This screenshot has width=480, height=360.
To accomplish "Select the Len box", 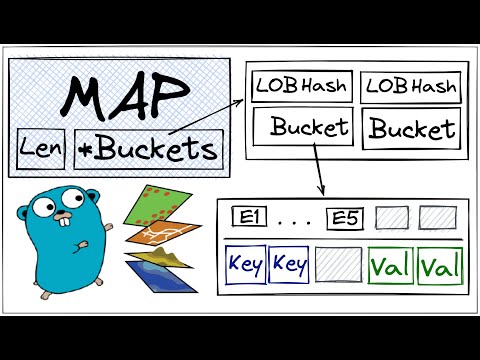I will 43,150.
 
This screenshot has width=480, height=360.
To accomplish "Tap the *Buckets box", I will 147,150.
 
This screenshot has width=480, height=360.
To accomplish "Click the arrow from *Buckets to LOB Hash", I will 210,118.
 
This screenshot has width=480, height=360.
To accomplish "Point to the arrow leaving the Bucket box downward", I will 318,170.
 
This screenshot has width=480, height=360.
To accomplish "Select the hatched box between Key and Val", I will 338,266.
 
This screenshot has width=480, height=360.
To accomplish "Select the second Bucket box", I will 411,128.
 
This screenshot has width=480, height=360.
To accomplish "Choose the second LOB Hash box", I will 410,87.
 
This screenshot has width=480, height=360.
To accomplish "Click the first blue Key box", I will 244,266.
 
